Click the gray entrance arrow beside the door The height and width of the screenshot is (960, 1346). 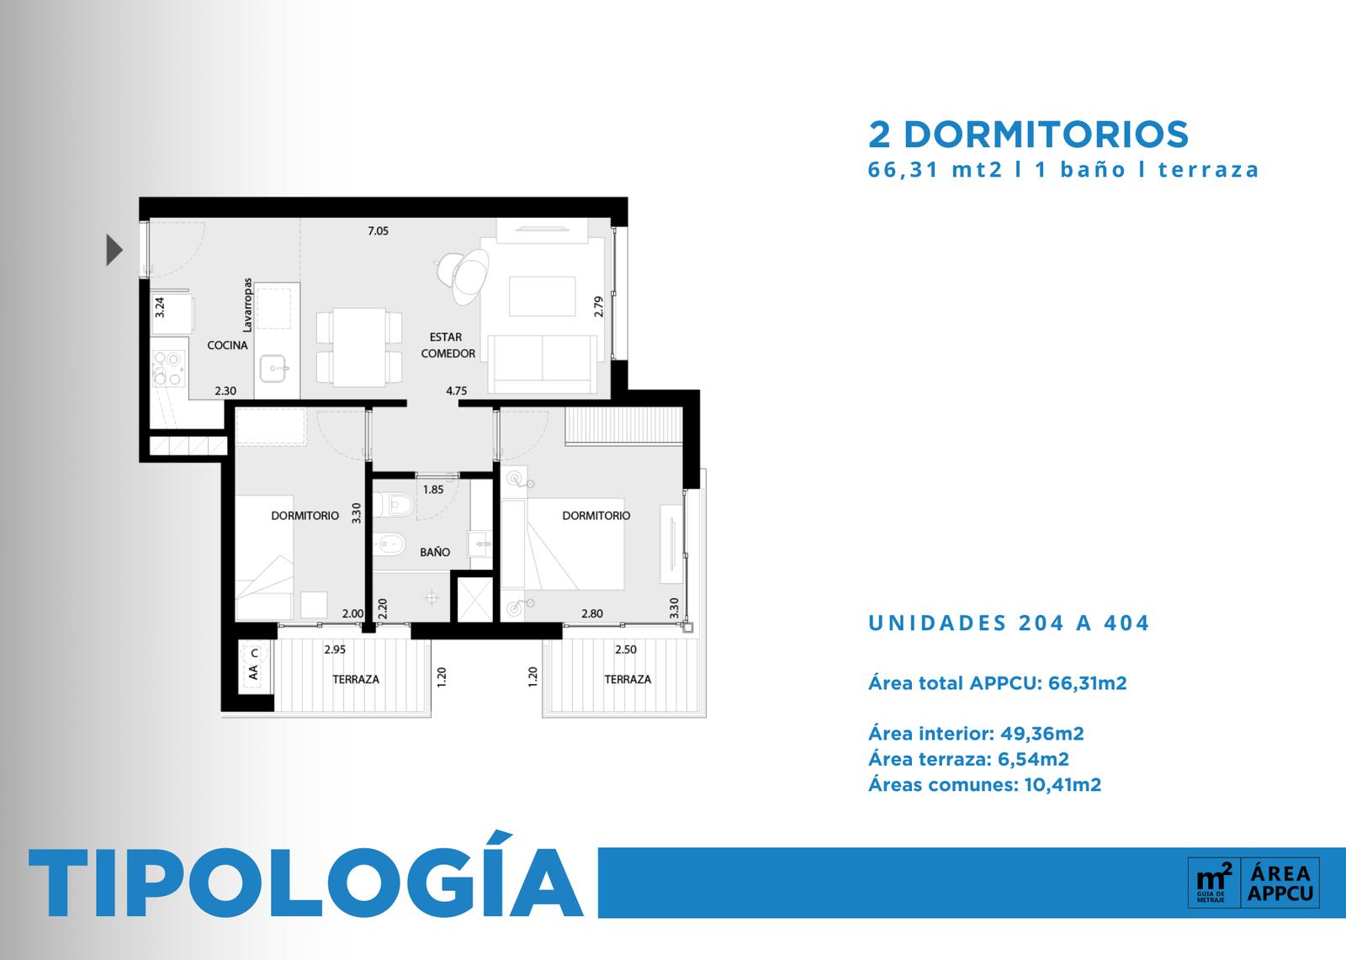coord(114,250)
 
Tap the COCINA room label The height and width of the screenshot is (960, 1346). coord(227,345)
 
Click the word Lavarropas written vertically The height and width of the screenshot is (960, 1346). coord(247,305)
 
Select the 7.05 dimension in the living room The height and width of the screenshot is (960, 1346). coord(378,231)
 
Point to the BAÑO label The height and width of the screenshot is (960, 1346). coord(434,552)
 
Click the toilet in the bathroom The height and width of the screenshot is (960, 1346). coord(394,504)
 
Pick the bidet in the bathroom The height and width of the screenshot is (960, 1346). coord(389,544)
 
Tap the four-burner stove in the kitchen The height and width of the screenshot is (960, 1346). coord(167,368)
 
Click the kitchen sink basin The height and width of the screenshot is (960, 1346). coord(274,368)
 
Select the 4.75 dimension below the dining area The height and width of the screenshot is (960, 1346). coord(456,390)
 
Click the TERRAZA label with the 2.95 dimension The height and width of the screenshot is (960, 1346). coord(356,679)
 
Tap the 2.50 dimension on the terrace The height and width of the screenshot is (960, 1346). coord(626,650)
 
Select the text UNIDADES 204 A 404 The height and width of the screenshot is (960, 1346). coord(1009,623)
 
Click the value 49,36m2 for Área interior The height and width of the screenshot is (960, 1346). coord(1042,734)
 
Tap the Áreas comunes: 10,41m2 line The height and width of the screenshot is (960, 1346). coord(985,784)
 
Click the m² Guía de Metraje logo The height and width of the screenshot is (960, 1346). coord(1215,883)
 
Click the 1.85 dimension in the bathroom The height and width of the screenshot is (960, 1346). coord(432,490)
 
